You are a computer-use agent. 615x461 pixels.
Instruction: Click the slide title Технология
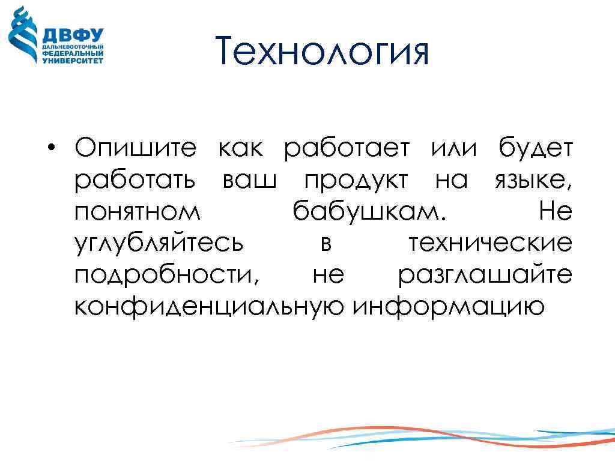click(323, 52)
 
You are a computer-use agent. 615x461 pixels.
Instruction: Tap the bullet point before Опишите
click(53, 148)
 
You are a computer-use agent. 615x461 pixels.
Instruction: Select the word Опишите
click(135, 148)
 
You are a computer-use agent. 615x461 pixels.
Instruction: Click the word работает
click(347, 148)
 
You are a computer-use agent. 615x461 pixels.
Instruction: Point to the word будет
click(536, 148)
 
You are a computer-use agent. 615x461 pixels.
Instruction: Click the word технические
click(490, 244)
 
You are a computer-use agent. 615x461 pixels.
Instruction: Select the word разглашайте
click(485, 276)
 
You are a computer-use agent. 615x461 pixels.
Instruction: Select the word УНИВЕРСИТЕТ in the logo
click(72, 60)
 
